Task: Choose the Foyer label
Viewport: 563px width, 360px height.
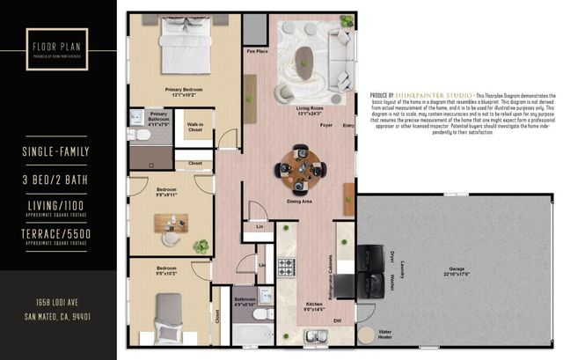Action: (x=325, y=126)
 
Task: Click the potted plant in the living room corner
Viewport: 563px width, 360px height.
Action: (x=347, y=18)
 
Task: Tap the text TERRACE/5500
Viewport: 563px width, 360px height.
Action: (x=57, y=232)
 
